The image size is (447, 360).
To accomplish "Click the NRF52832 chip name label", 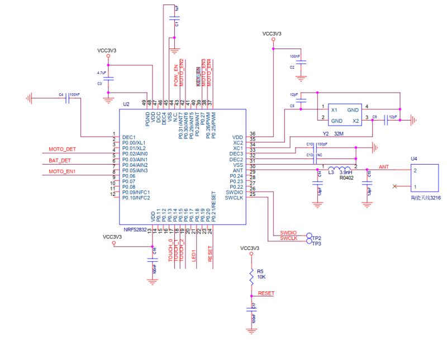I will pyautogui.click(x=136, y=229).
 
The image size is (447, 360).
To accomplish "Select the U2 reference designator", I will pyautogui.click(x=126, y=104).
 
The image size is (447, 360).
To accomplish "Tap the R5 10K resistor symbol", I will pyautogui.click(x=251, y=276).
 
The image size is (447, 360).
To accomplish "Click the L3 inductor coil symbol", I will pyautogui.click(x=339, y=169).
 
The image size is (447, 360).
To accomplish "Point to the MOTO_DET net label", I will pyautogui.click(x=62, y=150).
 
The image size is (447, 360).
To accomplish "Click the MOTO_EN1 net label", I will pyautogui.click(x=62, y=171).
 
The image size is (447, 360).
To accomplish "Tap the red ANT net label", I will pyautogui.click(x=384, y=167).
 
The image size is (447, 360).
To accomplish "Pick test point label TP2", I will pyautogui.click(x=317, y=237).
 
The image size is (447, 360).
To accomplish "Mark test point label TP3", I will pyautogui.click(x=317, y=243).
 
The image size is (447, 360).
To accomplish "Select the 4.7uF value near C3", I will pyautogui.click(x=101, y=73).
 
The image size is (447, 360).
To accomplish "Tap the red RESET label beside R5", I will pyautogui.click(x=265, y=293).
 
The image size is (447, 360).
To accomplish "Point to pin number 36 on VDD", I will pyautogui.click(x=253, y=134).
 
